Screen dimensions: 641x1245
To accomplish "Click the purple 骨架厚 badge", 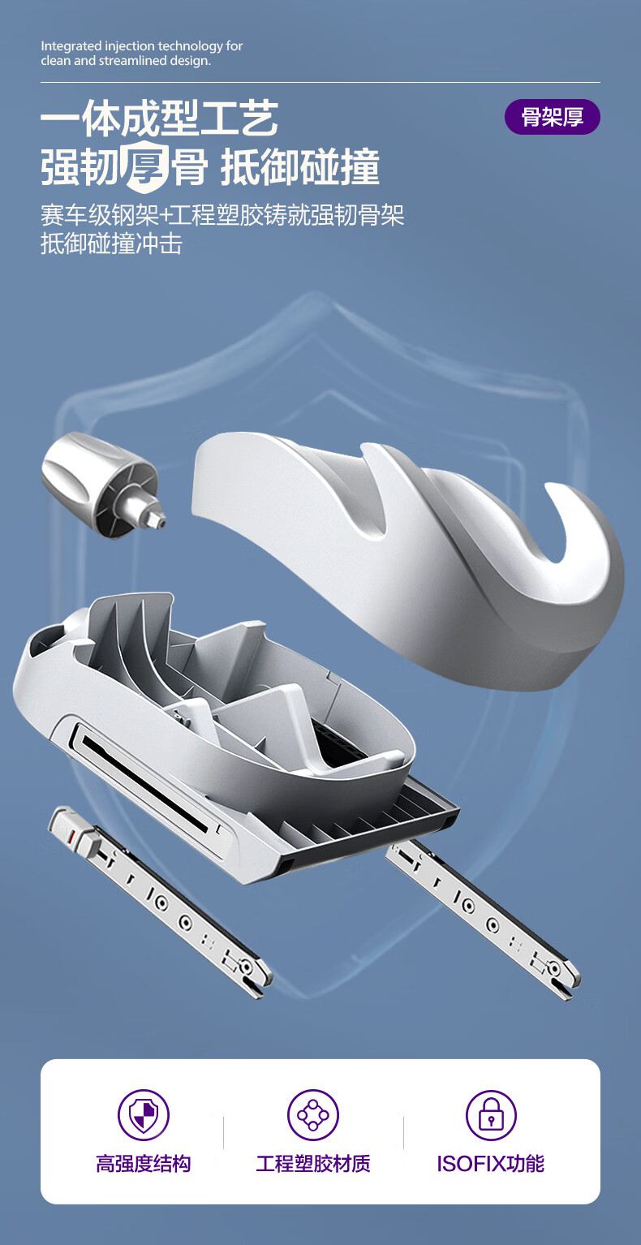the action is click(552, 117).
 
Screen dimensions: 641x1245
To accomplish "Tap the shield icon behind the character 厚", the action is click(145, 166).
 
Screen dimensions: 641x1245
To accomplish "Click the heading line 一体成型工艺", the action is click(159, 118).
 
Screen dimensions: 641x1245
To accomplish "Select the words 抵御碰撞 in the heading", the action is click(300, 166).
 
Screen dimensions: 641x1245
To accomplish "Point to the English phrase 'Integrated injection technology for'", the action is click(142, 46).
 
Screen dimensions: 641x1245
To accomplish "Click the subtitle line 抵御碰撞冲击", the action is click(111, 244).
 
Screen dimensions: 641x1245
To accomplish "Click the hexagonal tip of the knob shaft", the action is click(157, 519).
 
